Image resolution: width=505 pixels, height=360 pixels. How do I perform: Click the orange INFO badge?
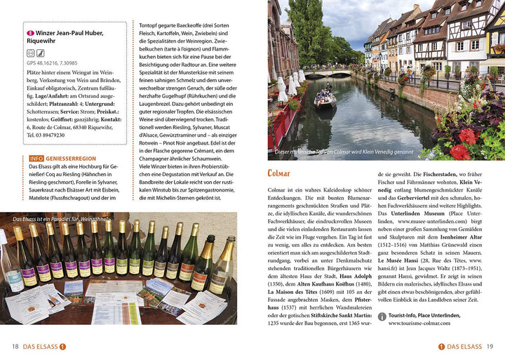[35, 159]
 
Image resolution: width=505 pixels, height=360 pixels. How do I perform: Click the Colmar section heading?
[285, 173]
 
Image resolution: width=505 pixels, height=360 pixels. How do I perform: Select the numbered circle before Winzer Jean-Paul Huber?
[30, 32]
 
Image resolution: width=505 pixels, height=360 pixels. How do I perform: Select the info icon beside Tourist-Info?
[382, 316]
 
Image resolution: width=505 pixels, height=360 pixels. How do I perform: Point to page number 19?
[490, 347]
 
